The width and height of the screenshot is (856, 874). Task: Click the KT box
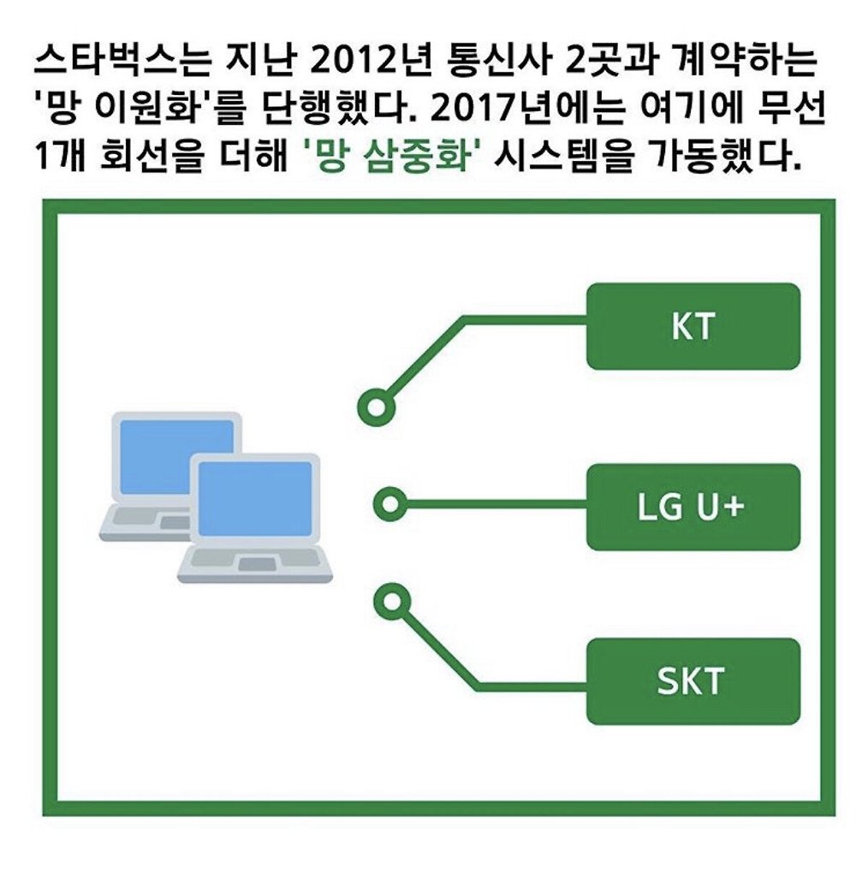tap(693, 326)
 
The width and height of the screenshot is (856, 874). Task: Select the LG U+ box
tap(693, 507)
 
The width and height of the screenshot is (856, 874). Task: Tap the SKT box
tap(693, 681)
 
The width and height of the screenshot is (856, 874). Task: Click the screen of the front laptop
tap(255, 498)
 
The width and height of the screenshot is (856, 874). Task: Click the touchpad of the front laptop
tap(256, 564)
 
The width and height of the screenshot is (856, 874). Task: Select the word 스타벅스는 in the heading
tap(122, 60)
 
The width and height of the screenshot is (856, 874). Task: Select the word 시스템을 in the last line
tap(563, 157)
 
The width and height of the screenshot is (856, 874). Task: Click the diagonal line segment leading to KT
tap(426, 357)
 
